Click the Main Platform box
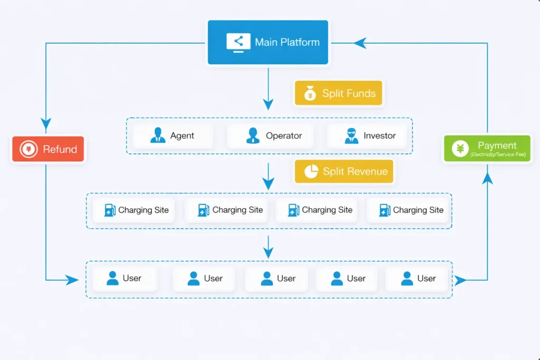coord(268,42)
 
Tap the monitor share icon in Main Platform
coord(238,42)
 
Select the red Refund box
coord(49,149)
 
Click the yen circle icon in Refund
coord(28,149)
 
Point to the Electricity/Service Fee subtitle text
coord(497,154)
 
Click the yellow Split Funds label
coord(337,93)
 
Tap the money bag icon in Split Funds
coord(311,94)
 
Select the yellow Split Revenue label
coord(344,171)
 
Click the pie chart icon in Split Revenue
coord(311,171)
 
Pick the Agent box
coord(173,135)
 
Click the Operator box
coord(271,135)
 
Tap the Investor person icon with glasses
coord(352,135)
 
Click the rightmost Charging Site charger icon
coord(384,210)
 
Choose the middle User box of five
coord(277,278)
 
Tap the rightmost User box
coord(417,278)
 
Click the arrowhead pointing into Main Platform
coord(360,43)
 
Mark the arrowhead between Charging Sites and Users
coord(268,252)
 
